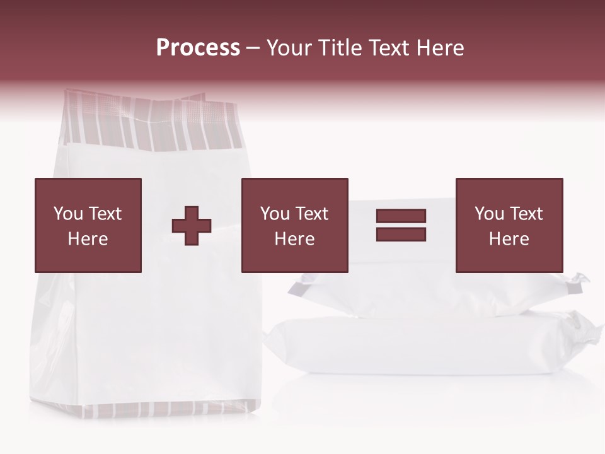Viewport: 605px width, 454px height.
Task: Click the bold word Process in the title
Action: pyautogui.click(x=198, y=48)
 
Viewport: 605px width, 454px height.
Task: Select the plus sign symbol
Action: pyautogui.click(x=192, y=226)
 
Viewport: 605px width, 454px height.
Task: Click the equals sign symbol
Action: pyautogui.click(x=401, y=225)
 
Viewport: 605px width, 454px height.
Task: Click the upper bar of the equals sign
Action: pyautogui.click(x=401, y=216)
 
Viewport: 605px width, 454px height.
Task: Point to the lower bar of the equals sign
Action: pyautogui.click(x=401, y=234)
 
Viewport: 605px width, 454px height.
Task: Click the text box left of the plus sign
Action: pyautogui.click(x=88, y=225)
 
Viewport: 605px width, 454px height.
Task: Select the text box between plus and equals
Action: pyautogui.click(x=294, y=225)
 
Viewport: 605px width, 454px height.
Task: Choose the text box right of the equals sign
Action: pyautogui.click(x=509, y=225)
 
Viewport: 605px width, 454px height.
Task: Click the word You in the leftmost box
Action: pyautogui.click(x=67, y=214)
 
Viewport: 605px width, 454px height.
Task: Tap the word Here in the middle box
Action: pyautogui.click(x=294, y=239)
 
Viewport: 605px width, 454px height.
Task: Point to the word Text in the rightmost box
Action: pyautogui.click(x=526, y=214)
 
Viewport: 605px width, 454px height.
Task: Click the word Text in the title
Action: pyautogui.click(x=389, y=48)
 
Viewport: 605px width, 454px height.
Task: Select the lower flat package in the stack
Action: pyautogui.click(x=429, y=347)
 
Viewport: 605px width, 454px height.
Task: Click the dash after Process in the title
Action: pyautogui.click(x=253, y=48)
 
